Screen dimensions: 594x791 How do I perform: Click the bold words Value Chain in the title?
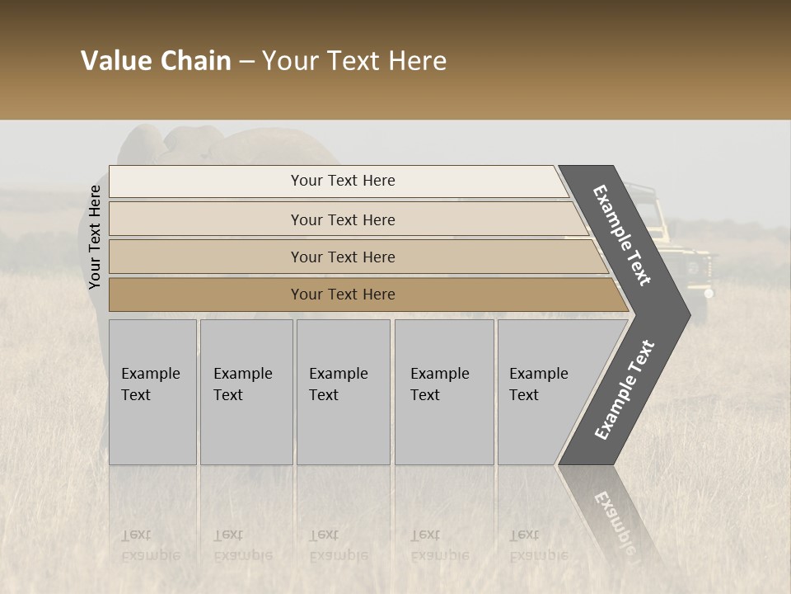tap(156, 61)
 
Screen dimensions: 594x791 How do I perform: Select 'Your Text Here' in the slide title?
tap(354, 61)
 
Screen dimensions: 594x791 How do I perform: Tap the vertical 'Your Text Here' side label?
tap(95, 237)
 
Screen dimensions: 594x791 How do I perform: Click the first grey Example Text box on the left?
tap(152, 391)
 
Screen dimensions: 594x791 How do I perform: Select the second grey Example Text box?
tap(246, 391)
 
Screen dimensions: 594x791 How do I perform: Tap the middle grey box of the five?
tap(343, 391)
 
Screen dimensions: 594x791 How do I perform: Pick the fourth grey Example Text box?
tap(443, 391)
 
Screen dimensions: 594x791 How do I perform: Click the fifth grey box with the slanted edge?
tap(544, 391)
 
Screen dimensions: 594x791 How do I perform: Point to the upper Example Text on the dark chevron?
tap(623, 235)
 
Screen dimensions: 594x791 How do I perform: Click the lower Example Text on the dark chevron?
tap(624, 390)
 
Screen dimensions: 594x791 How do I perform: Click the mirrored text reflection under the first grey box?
tap(151, 545)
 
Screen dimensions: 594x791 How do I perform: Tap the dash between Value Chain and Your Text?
tap(246, 61)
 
